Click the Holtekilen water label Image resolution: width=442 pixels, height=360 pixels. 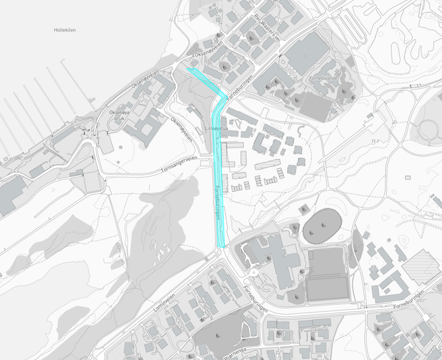pyautogui.click(x=65, y=30)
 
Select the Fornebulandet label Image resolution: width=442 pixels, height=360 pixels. pyautogui.click(x=324, y=78)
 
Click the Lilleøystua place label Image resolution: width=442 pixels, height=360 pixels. pyautogui.click(x=215, y=128)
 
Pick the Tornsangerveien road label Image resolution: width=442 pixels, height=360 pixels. pyautogui.click(x=179, y=164)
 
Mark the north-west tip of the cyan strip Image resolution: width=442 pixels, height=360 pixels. pyautogui.click(x=187, y=68)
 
